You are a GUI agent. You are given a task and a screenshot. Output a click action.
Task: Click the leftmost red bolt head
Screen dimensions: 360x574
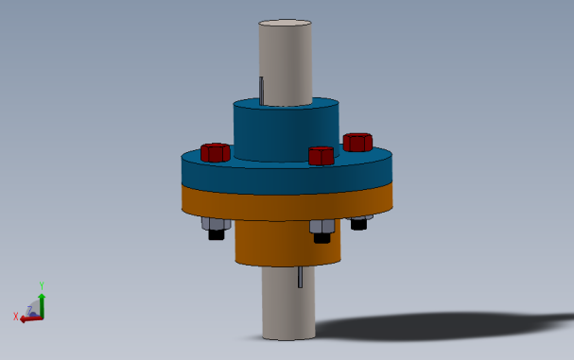216,152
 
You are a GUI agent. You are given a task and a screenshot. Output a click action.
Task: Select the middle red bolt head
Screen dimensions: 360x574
322,156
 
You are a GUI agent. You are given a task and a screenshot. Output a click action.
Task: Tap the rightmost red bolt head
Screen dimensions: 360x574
357,143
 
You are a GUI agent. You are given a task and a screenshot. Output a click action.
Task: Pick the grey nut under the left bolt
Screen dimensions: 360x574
215,224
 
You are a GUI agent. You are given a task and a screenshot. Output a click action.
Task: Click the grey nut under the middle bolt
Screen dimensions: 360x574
321,227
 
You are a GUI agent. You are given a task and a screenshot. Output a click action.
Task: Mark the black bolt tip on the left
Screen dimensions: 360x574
216,234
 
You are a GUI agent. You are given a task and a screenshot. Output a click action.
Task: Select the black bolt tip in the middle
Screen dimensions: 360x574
322,237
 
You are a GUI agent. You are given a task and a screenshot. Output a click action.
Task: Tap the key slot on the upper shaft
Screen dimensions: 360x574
261,91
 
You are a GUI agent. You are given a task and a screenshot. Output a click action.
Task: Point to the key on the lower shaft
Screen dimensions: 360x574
300,276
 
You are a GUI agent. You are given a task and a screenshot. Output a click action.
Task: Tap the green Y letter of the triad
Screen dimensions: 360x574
42,284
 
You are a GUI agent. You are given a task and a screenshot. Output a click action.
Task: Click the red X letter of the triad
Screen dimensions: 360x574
16,317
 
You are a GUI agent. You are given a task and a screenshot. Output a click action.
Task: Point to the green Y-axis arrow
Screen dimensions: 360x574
42,300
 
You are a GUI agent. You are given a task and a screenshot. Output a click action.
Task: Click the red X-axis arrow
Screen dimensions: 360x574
30,318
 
